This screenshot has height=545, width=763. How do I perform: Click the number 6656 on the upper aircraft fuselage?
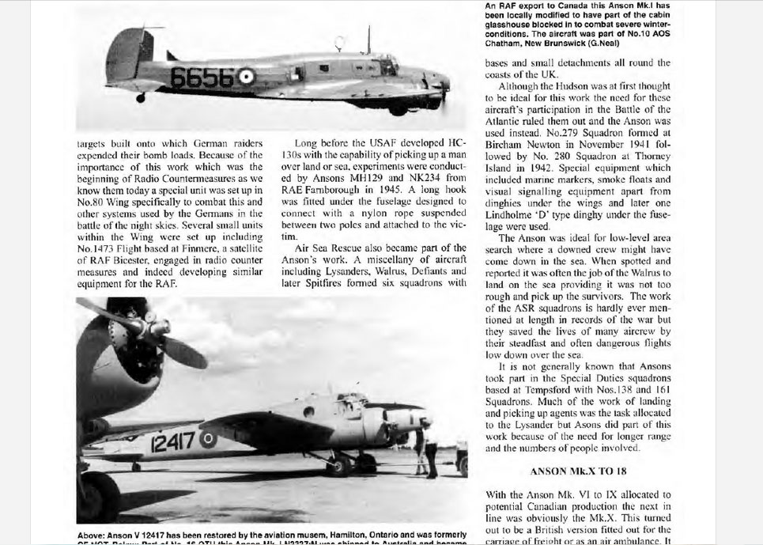[x=202, y=78]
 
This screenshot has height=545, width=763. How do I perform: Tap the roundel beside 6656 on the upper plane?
[x=247, y=77]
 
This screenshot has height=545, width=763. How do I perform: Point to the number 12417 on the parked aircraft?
[x=173, y=441]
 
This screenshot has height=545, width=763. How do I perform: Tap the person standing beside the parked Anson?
[x=431, y=449]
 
